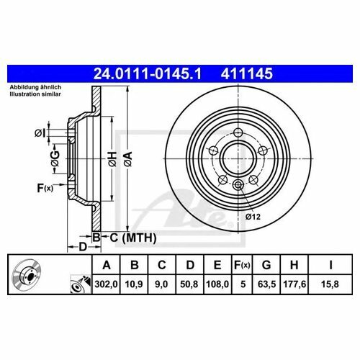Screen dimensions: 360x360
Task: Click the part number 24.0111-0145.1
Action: [147, 73]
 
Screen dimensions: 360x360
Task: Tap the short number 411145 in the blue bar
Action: [247, 73]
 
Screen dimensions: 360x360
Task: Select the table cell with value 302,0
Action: [106, 284]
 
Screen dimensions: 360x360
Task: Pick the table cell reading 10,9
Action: [134, 284]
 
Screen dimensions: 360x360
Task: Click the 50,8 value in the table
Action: [189, 284]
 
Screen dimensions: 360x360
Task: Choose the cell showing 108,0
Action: [217, 284]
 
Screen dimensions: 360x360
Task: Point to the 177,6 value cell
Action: [294, 284]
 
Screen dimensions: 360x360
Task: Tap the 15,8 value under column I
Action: [330, 284]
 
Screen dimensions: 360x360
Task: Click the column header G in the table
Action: [266, 265]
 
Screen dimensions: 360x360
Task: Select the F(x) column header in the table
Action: [242, 265]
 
